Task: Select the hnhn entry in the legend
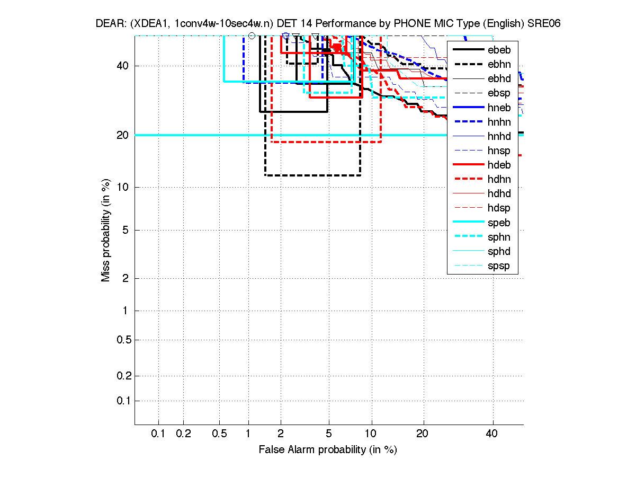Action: [499, 122]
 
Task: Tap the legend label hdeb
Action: [499, 165]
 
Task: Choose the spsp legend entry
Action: [499, 266]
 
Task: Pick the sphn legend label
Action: [499, 237]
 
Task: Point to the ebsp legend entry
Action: [499, 93]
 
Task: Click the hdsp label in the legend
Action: [499, 208]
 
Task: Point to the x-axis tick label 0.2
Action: [183, 434]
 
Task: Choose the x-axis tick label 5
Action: [329, 434]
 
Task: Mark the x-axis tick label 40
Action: [492, 434]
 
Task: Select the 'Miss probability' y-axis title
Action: [106, 230]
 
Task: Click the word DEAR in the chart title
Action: [110, 23]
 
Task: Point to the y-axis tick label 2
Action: [126, 278]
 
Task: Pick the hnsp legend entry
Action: [499, 151]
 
